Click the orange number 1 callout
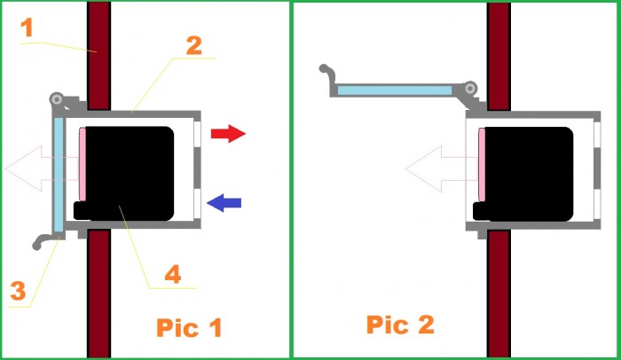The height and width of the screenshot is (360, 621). pos(27,27)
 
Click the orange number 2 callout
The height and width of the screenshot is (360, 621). pos(194,45)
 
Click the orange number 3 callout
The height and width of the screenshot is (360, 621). pos(18,290)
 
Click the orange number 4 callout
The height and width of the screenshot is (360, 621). pos(173,274)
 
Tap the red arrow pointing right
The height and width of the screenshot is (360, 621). pos(228,134)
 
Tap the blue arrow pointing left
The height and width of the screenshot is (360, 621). pos(224,203)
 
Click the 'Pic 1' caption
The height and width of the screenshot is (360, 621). pos(189,327)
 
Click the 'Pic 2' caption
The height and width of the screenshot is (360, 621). pos(400,325)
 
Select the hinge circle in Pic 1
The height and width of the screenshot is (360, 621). pos(56,98)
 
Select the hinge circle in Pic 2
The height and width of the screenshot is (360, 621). pos(470,88)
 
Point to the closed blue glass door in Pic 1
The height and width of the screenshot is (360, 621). pos(59,175)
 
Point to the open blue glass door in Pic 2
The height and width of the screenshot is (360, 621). pos(395,90)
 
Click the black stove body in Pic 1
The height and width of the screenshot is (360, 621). pos(130,174)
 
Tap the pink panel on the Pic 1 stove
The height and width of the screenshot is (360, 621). pos(83,164)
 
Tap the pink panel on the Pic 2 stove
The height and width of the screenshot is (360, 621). pos(482,165)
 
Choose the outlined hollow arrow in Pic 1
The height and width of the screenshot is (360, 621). pos(42,168)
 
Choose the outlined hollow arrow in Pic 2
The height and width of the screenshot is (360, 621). pos(442,168)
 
